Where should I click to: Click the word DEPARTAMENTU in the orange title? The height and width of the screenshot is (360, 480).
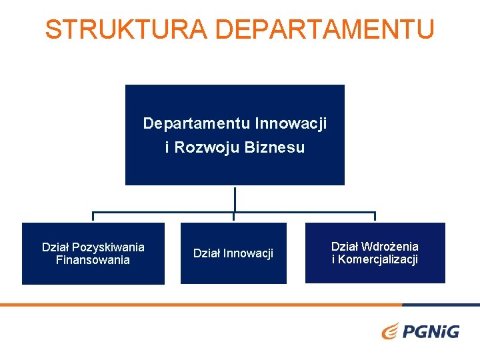[x=325, y=29]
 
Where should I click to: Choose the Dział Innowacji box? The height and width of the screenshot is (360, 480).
[x=233, y=253]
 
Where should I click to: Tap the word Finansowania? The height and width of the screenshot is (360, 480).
[x=93, y=260]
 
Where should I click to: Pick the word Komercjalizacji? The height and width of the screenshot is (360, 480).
[x=378, y=259]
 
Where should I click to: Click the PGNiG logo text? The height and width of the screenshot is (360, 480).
[x=431, y=330]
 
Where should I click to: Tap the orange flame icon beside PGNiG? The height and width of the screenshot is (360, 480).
[x=391, y=330]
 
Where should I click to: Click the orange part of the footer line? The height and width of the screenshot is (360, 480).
[x=200, y=305]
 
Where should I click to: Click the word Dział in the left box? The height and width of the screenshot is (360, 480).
[x=55, y=247]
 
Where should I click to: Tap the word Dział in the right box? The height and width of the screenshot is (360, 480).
[x=345, y=247]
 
